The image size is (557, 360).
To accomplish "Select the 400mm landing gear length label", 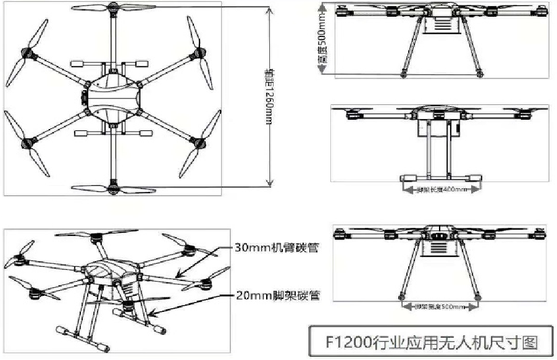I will coord(439,189).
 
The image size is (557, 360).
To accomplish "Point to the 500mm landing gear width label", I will coord(440,306).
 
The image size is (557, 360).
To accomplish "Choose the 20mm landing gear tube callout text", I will coord(275,295).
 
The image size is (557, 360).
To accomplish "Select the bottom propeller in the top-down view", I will coord(112,188).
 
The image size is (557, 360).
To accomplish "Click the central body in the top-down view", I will coord(112,98).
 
